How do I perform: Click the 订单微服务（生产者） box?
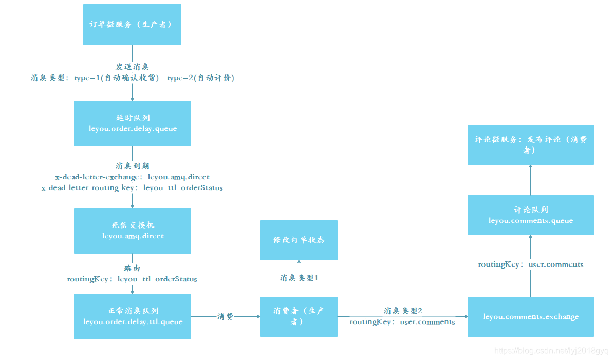pos(132,25)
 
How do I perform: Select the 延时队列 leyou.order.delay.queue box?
pos(132,123)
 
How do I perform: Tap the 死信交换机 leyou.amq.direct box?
pos(132,231)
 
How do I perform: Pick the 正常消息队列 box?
pos(132,316)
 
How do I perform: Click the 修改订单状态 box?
pos(299,240)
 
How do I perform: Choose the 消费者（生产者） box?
pos(299,316)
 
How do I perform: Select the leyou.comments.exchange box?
pos(530,316)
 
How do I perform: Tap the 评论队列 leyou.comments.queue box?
pos(530,215)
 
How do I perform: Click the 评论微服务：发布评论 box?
pos(530,144)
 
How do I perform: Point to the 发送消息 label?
pos(132,67)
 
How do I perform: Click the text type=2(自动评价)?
pos(201,78)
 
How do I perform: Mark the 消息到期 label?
pos(132,166)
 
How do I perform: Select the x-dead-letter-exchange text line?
pos(132,177)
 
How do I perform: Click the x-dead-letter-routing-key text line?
pos(132,188)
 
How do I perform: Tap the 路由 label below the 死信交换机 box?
pos(132,268)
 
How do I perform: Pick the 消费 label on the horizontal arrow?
pos(225,316)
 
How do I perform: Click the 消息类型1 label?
pos(299,278)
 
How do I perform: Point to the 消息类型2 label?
pos(403,311)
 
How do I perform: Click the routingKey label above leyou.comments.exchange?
pos(530,264)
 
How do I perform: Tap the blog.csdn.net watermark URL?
pos(551,351)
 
